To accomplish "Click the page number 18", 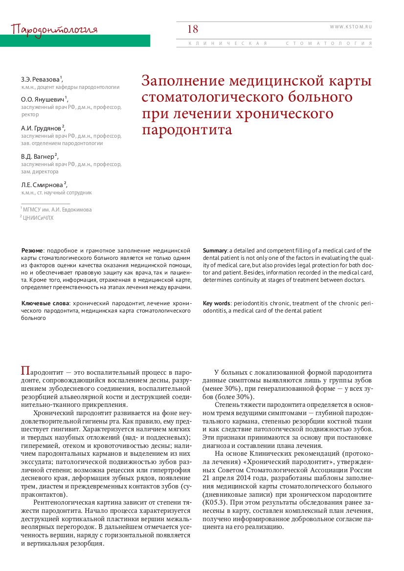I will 193,29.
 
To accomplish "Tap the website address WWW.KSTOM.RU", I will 351,26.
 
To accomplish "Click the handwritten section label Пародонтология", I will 54,30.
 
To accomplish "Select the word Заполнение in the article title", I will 183,81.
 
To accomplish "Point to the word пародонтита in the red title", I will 187,130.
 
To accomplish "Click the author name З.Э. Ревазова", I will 41,79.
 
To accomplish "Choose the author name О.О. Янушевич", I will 43,99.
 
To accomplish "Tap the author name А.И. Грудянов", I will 42,128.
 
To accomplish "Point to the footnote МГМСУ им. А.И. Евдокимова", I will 57,210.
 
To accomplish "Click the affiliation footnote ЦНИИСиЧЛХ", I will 38,218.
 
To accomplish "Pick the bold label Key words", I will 217,303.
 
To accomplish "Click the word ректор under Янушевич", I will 29,115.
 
